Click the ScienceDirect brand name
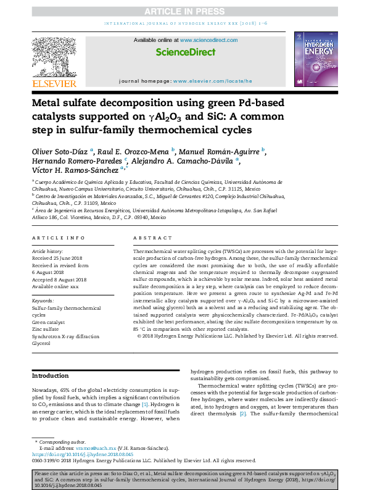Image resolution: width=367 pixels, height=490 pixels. click(x=183, y=53)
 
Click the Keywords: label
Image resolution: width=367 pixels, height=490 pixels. click(x=43, y=301)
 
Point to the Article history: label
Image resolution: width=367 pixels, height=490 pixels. click(x=47, y=252)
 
